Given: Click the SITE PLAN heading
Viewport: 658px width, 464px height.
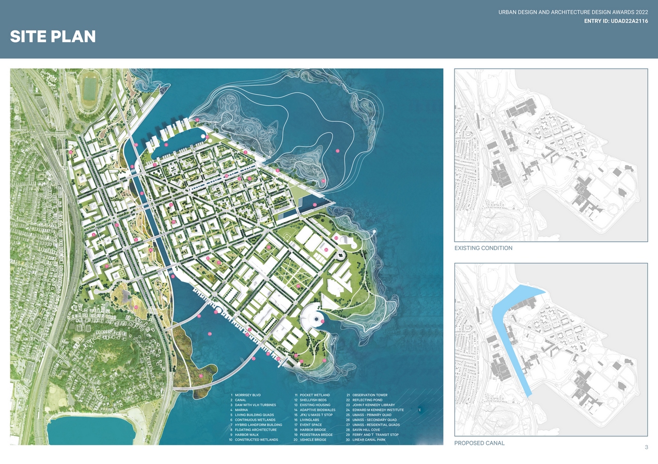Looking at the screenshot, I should [x=53, y=37].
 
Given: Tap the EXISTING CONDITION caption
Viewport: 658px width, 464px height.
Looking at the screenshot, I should [x=483, y=248].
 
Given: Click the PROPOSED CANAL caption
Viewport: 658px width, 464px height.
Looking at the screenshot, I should [x=479, y=443].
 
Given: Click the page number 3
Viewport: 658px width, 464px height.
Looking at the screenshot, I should [x=646, y=447].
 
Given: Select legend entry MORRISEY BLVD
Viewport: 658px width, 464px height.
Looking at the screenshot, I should [x=247, y=395].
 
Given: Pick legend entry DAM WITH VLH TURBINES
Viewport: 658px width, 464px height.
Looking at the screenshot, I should [x=255, y=405].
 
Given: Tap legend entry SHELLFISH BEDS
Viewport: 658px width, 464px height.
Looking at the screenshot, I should [x=313, y=400].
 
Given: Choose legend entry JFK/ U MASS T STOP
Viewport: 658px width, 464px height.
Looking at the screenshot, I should [x=316, y=415].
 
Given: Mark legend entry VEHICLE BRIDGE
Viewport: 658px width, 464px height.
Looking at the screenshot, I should [x=312, y=440].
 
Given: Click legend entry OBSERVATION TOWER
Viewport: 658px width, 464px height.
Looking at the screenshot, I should [x=369, y=395].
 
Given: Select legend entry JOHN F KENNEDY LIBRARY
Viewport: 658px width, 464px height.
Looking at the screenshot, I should [x=373, y=405].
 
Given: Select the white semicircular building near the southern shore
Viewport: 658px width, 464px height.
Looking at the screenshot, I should [x=312, y=315].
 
